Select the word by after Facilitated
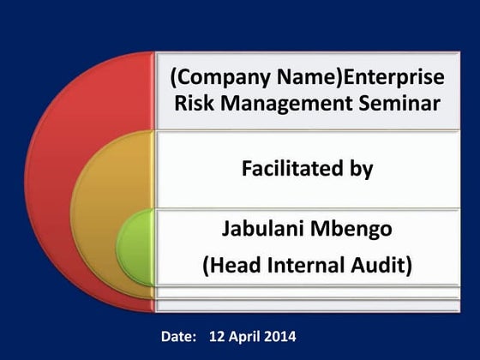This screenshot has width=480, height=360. coord(359,170)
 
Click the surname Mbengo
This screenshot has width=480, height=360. coord(354,230)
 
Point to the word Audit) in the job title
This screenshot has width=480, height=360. coord(383,267)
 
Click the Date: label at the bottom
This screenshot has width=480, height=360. coord(178,336)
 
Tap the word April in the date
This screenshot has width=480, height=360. coord(246,336)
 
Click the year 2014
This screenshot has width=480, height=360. coord(280,336)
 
